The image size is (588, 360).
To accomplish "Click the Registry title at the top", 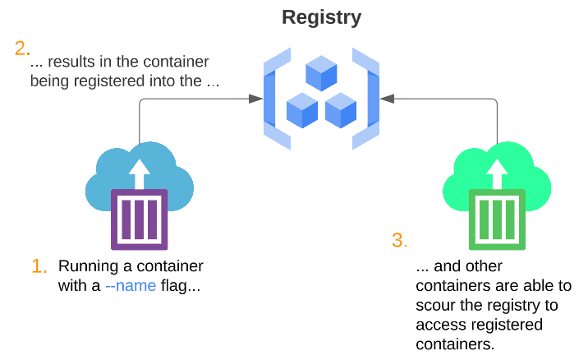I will (321, 16).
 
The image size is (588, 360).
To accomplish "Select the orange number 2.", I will (21, 48).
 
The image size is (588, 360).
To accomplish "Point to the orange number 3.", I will (398, 241).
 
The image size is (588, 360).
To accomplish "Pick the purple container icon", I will (139, 219).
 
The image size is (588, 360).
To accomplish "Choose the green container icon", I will (497, 219).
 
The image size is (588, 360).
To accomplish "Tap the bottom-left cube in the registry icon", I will (301, 110).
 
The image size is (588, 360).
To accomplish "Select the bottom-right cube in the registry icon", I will (340, 110).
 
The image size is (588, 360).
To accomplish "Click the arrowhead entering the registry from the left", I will (255, 99).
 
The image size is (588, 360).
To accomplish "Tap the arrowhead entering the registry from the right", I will (388, 99).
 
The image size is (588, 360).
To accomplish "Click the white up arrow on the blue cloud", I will (140, 173).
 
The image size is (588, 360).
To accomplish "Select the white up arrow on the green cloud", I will (497, 173).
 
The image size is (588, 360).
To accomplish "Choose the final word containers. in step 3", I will (456, 343).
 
